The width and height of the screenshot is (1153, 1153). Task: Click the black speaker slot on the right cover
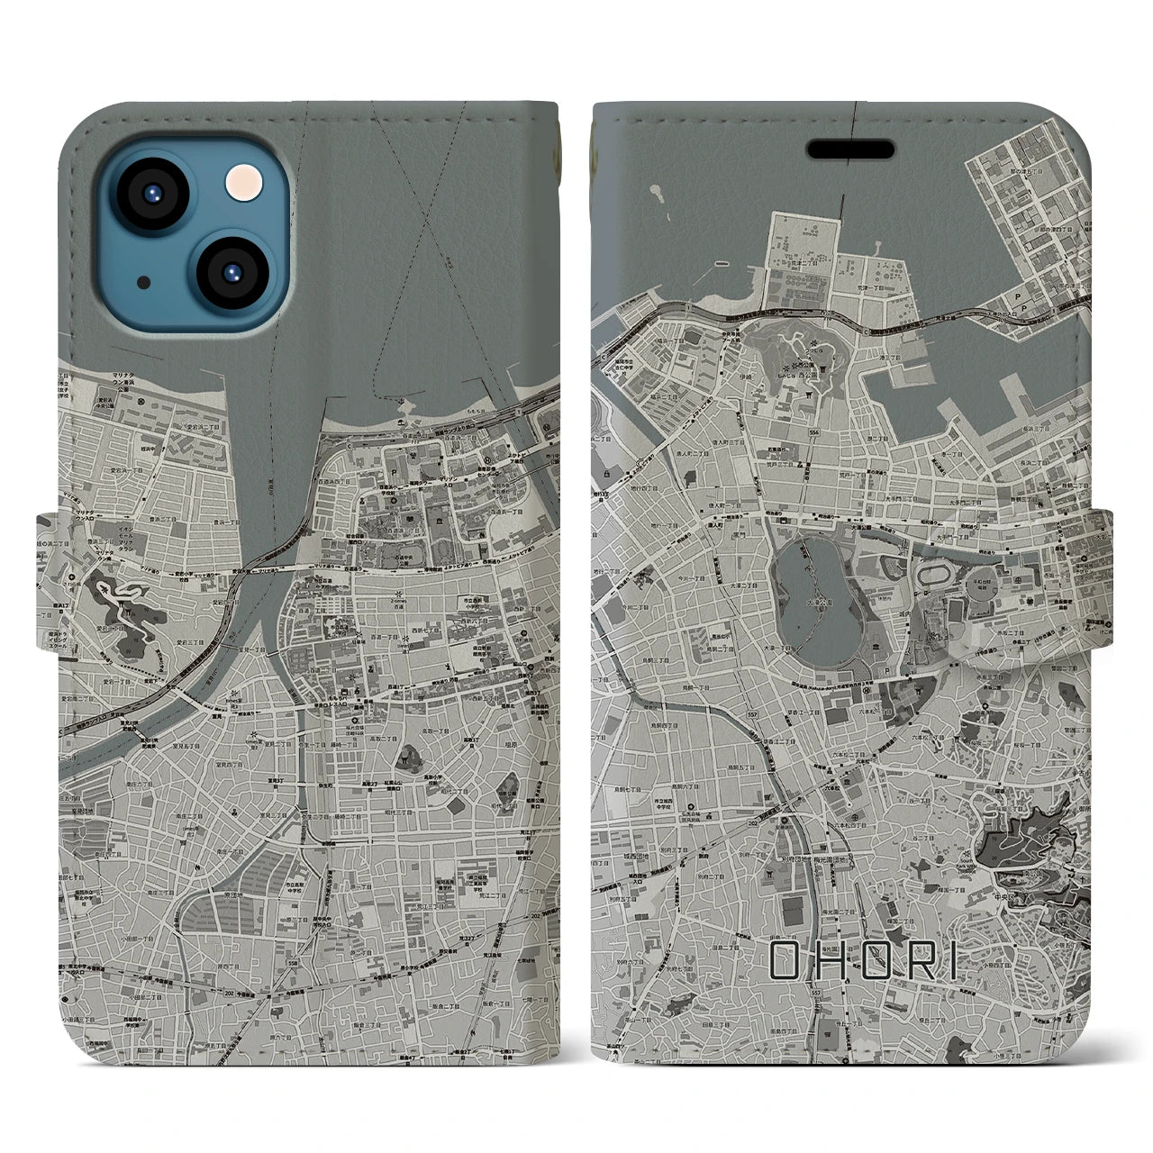(x=849, y=148)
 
